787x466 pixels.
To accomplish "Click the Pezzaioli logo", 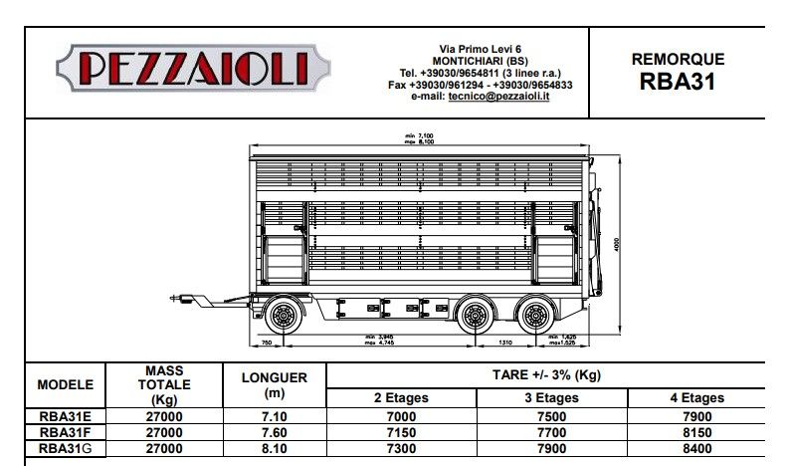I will (x=195, y=69).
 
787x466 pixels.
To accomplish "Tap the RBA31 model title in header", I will (x=678, y=81).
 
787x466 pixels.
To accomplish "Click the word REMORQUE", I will (x=678, y=59).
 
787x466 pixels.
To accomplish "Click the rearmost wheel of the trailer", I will (x=535, y=318).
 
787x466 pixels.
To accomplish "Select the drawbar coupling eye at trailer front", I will (x=177, y=297).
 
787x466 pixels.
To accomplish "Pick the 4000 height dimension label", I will (x=618, y=243).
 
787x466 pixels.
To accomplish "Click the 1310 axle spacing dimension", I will (x=505, y=343).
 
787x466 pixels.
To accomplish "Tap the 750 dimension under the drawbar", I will (x=266, y=343).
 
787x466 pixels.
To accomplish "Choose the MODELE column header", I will (x=65, y=384).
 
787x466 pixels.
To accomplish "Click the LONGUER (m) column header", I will (x=275, y=384).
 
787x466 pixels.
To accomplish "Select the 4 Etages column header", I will (x=695, y=397).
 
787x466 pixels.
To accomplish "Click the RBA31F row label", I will (x=65, y=432).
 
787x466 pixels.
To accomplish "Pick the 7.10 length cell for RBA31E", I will (x=275, y=417).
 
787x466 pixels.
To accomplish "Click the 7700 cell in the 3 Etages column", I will (x=550, y=432).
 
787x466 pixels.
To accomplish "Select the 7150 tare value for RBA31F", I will (x=401, y=432).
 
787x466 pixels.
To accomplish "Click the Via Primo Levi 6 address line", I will (x=481, y=49).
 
